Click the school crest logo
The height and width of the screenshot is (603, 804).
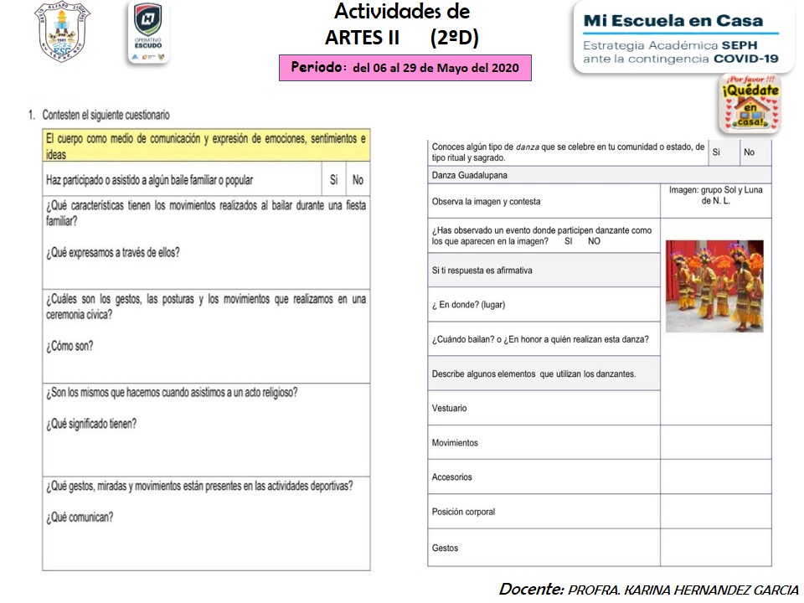(x=63, y=32)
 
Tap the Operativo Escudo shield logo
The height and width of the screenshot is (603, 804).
(x=148, y=32)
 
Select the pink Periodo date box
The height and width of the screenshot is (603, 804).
(x=405, y=68)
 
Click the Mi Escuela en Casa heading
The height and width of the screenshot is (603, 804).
(x=673, y=20)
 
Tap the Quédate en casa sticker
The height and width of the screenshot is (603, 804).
(x=750, y=104)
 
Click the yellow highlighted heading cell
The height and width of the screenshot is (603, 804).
(x=206, y=146)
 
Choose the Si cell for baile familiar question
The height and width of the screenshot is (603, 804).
(x=333, y=180)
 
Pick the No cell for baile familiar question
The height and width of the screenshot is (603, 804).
(x=358, y=180)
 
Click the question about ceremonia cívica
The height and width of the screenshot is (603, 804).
(x=206, y=307)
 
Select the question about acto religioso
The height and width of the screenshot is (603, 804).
(x=172, y=393)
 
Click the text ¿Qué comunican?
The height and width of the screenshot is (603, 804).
(x=80, y=517)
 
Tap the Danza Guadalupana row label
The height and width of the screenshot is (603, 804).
(x=470, y=175)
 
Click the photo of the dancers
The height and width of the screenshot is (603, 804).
(x=714, y=286)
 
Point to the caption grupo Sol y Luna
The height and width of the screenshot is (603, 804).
(x=716, y=195)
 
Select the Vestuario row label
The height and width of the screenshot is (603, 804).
(x=450, y=409)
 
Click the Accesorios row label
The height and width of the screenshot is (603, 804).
(x=452, y=477)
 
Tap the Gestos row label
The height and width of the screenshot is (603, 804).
(x=446, y=549)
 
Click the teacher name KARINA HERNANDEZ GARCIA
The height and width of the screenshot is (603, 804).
(x=683, y=590)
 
